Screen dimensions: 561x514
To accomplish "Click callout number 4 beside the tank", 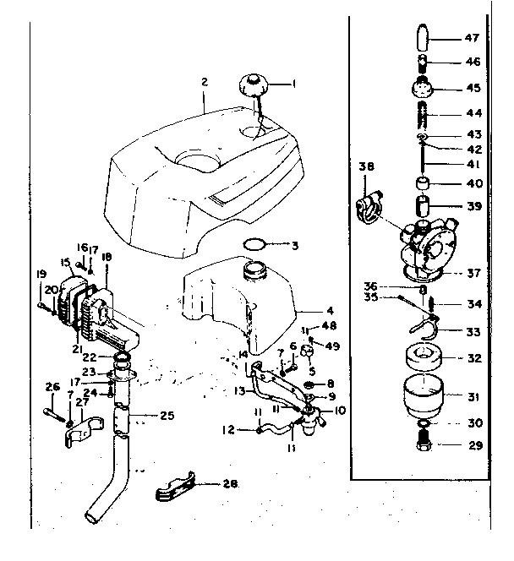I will [306, 309].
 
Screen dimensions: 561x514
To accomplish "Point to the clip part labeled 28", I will [177, 489].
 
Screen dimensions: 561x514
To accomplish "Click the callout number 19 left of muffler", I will [40, 275].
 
